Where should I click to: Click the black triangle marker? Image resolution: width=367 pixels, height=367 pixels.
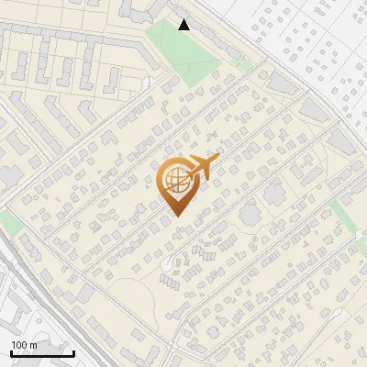point(184,25)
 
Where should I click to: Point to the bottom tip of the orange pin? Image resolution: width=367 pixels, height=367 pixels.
point(177,217)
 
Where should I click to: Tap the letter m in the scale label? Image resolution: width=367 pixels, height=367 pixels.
point(33,345)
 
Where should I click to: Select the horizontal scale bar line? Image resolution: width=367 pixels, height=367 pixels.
point(41,353)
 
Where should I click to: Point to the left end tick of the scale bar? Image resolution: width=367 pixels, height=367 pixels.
point(10,351)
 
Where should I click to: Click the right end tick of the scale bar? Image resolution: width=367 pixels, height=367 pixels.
point(73,351)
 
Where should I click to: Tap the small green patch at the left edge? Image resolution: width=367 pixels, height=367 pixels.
point(9,221)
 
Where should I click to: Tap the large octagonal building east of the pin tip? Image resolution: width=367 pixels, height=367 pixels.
point(250,214)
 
